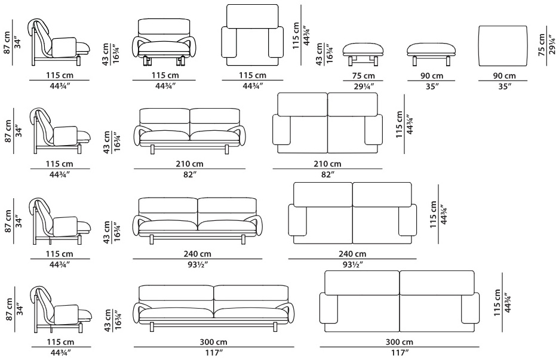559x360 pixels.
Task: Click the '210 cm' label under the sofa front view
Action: pyautogui.click(x=189, y=164)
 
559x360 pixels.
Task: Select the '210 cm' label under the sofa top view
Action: pyautogui.click(x=327, y=164)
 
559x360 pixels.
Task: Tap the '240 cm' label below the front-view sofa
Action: pyautogui.click(x=197, y=254)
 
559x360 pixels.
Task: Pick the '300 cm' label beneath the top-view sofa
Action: pyautogui.click(x=400, y=342)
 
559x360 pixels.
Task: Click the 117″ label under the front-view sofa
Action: pyautogui.click(x=214, y=353)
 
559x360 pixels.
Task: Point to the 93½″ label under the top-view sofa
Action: pyautogui.click(x=352, y=265)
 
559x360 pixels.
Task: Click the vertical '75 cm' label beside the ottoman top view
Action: pyautogui.click(x=542, y=45)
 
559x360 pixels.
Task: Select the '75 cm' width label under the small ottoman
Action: pyautogui.click(x=363, y=76)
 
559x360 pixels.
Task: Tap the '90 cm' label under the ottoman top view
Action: pyautogui.click(x=504, y=76)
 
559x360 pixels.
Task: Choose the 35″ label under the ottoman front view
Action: pyautogui.click(x=432, y=86)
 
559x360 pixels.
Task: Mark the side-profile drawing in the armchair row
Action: pyautogui.click(x=59, y=42)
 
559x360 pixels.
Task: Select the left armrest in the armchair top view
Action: pyautogui.click(x=229, y=42)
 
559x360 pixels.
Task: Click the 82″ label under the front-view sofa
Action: pyautogui.click(x=189, y=175)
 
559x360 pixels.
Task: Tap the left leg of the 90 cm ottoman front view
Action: pyautogui.click(x=415, y=61)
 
